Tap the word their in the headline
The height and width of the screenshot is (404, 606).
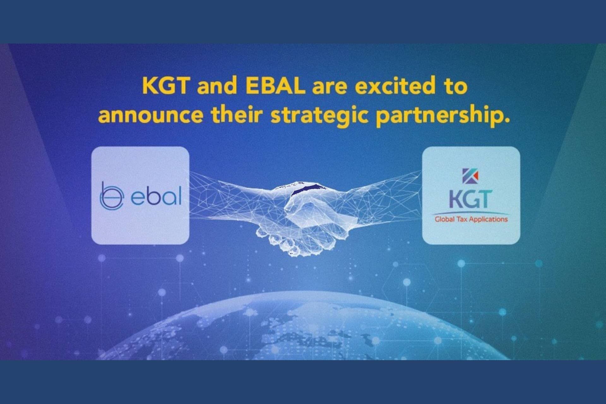[237, 115]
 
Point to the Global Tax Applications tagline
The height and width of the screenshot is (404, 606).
[471, 219]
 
